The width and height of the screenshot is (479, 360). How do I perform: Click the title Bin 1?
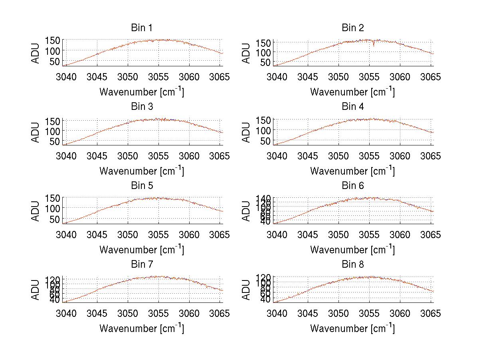pos(142,28)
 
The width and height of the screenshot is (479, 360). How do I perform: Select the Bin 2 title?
pos(353,28)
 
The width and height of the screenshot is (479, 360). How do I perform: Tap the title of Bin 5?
pos(142,186)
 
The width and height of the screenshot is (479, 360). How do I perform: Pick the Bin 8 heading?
pos(353,265)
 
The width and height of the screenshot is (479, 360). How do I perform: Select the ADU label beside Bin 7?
pos(36,290)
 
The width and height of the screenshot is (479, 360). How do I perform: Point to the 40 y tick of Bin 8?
pos(265,299)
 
